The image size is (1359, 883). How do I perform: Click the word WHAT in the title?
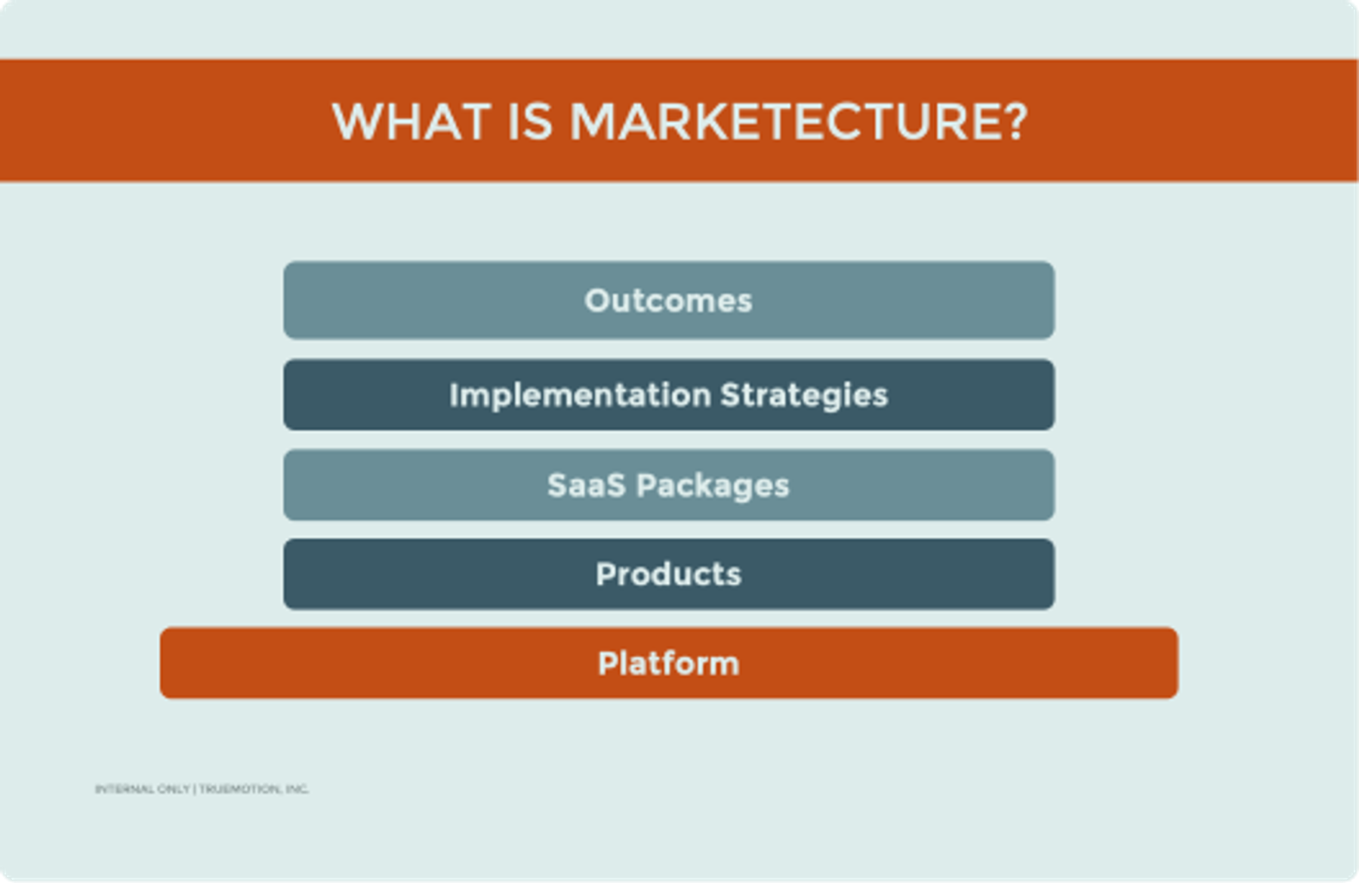(x=411, y=122)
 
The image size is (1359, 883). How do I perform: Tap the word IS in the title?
(x=530, y=122)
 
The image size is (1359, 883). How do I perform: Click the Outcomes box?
(x=669, y=300)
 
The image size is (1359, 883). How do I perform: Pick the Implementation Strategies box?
(x=669, y=394)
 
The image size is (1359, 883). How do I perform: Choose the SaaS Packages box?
(x=669, y=485)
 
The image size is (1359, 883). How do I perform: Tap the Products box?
(x=669, y=574)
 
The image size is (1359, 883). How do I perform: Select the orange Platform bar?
(x=669, y=662)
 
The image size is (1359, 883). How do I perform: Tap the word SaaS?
(x=587, y=485)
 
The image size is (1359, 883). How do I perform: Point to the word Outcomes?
(x=669, y=301)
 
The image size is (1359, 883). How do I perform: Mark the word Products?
(x=669, y=574)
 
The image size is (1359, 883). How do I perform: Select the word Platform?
(x=669, y=663)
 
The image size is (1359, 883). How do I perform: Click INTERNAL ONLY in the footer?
(x=142, y=789)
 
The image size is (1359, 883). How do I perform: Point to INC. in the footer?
(x=297, y=789)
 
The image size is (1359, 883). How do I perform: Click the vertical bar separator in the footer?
(x=195, y=789)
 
